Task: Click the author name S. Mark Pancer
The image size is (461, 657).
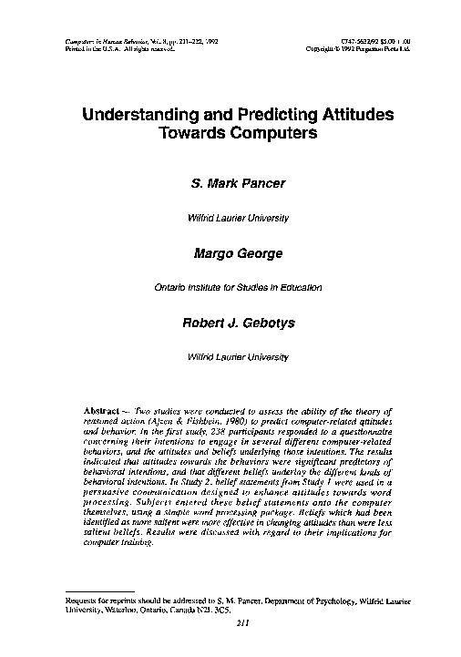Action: pos(237,183)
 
